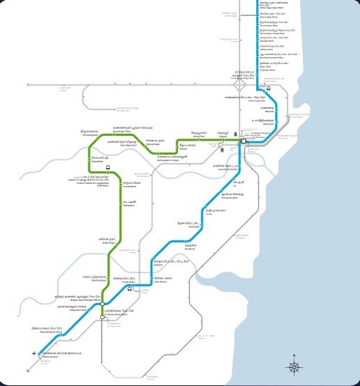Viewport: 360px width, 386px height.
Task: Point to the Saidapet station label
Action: [x=169, y=261]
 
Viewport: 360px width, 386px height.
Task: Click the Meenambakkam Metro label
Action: [x=48, y=330]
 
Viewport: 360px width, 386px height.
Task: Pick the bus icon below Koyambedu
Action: [x=108, y=168]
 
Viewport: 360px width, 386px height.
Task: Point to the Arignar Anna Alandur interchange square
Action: [x=102, y=295]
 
